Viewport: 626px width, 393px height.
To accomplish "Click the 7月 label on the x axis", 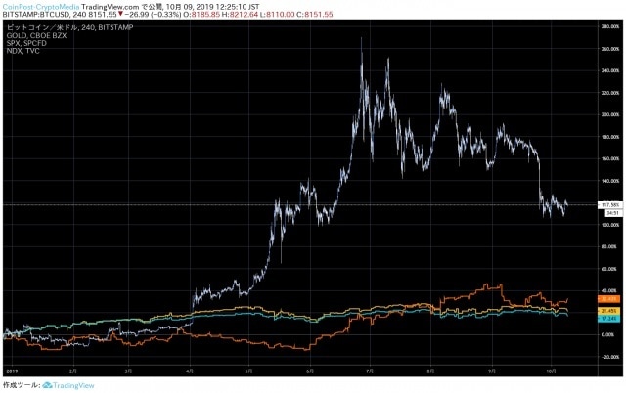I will coord(370,371).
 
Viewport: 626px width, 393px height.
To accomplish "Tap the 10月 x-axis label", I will coord(551,371).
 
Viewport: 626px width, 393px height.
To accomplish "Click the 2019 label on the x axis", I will coord(11,371).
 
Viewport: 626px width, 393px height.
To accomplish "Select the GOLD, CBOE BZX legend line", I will coord(29,35).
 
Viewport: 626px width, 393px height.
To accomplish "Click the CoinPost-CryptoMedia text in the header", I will coord(39,6).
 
